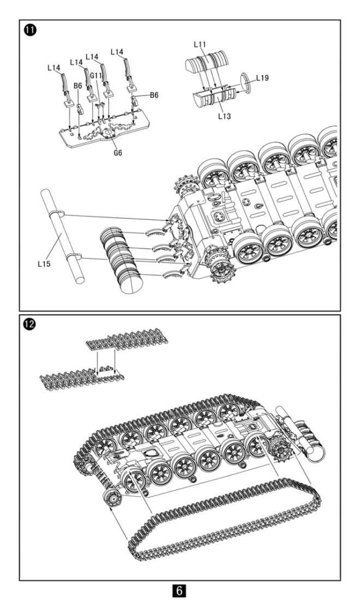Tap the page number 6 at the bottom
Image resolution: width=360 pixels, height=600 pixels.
[x=180, y=591]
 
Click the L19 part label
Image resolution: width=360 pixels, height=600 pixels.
[x=262, y=78]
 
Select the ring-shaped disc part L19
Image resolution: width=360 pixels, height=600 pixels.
[x=246, y=82]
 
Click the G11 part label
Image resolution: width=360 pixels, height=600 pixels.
[x=97, y=76]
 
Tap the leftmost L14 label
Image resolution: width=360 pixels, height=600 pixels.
[x=53, y=68]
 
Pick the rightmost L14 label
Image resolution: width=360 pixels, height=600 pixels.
[x=117, y=52]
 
